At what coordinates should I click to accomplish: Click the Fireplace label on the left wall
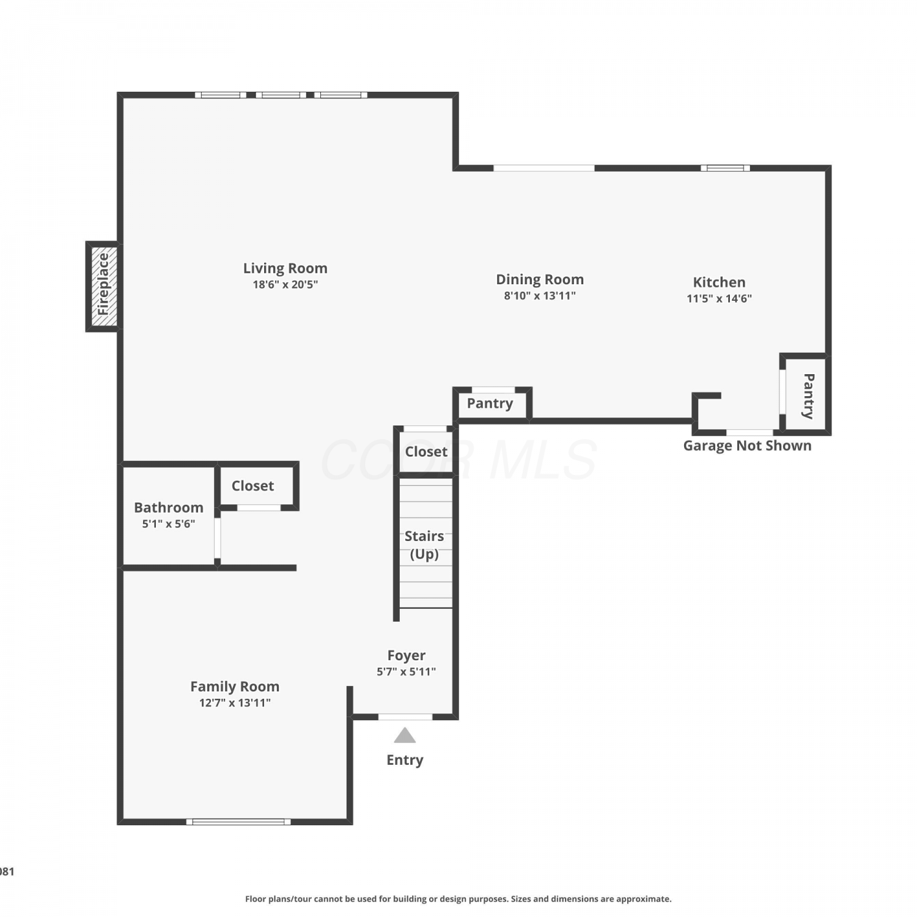coord(103,284)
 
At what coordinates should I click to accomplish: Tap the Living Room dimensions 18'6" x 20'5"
coord(285,284)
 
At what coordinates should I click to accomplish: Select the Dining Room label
coord(540,279)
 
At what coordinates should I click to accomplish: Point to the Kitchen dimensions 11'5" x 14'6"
coord(719,298)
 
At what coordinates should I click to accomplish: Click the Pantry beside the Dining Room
coord(490,403)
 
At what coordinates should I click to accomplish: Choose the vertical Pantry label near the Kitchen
coord(808,396)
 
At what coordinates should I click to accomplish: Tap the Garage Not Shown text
coord(747,446)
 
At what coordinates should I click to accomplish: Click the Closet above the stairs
coord(426,451)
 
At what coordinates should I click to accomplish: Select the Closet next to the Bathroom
coord(252,485)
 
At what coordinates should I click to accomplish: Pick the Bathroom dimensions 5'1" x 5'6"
coord(169,523)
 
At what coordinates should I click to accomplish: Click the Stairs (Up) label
coord(424,545)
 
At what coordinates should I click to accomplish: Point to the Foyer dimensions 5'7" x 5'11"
coord(406,671)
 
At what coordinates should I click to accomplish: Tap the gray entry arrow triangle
coord(405,736)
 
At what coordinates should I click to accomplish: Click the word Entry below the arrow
coord(405,760)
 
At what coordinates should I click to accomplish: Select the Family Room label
coord(235,687)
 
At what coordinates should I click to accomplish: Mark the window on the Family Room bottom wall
coord(238,822)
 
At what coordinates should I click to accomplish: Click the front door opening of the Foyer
coord(405,716)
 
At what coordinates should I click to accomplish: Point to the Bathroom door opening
coord(217,538)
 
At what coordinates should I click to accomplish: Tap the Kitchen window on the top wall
coord(725,168)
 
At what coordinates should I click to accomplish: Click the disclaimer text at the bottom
coord(458,899)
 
